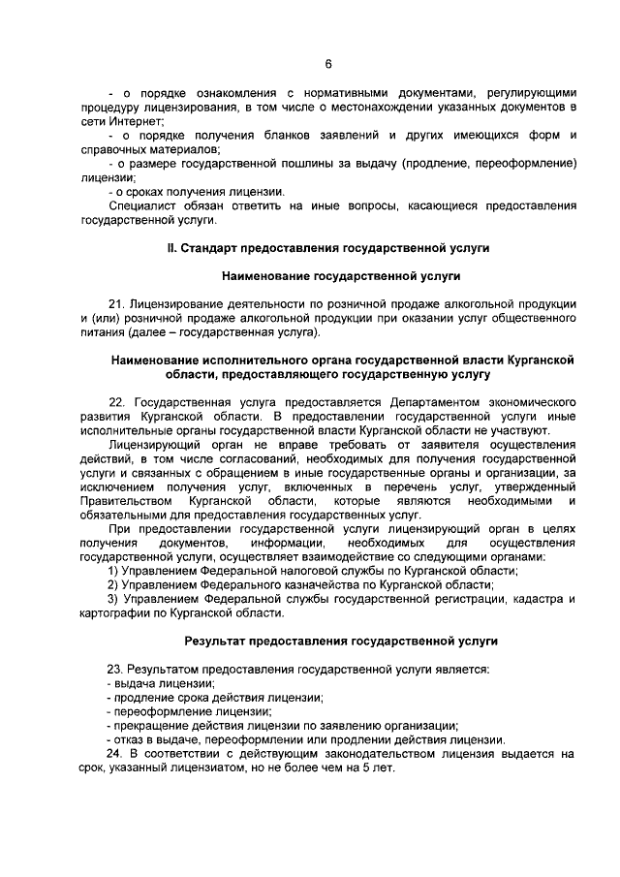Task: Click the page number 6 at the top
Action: pos(328,64)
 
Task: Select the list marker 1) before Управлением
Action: pos(113,572)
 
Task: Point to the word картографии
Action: pos(113,614)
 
